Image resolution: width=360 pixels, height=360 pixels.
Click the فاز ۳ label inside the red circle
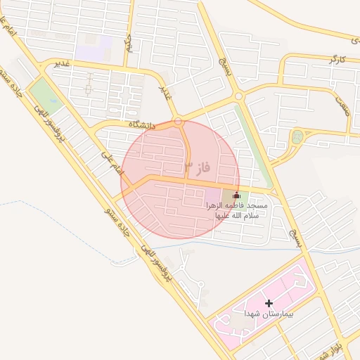click(198, 167)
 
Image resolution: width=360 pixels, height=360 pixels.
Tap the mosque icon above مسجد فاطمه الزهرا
click(236, 195)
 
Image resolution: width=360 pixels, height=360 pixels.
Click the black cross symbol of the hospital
click(269, 302)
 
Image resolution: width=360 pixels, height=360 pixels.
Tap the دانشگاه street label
click(141, 124)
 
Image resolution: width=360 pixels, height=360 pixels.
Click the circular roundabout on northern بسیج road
click(239, 96)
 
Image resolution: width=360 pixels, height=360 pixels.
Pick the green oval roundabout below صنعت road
click(297, 137)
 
